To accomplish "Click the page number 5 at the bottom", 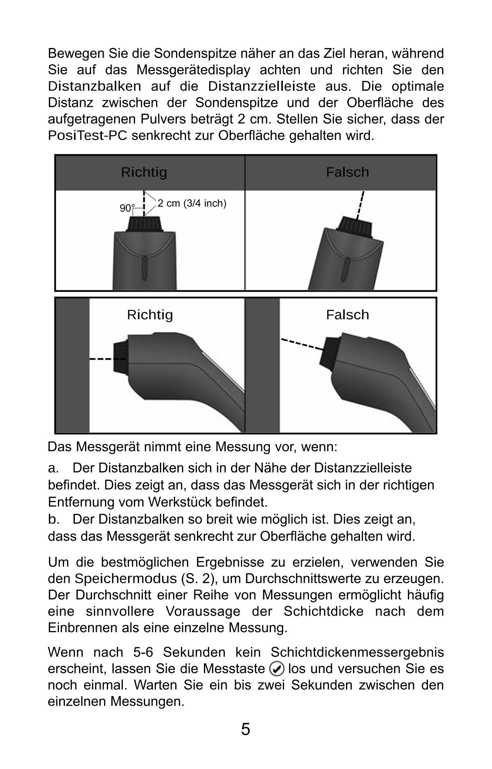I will [x=245, y=729].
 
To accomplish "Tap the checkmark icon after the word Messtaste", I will [x=277, y=669].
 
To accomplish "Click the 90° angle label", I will [x=127, y=208].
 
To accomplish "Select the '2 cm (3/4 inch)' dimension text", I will [x=192, y=203].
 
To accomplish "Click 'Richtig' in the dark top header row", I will [x=144, y=172].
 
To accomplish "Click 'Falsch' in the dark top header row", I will [x=347, y=172].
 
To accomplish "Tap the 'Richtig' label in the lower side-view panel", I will [x=150, y=314].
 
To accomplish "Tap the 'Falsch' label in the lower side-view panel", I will [x=347, y=314].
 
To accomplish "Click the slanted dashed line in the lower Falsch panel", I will [x=302, y=344].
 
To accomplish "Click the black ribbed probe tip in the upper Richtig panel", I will [x=145, y=224].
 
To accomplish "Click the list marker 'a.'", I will [x=53, y=468].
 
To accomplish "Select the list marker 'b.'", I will [x=53, y=520].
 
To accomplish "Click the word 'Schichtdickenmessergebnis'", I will [x=357, y=652].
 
